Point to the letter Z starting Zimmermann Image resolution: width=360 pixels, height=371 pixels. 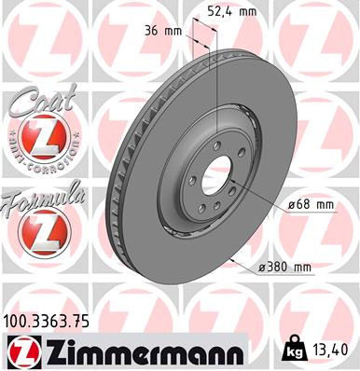[51, 351]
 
